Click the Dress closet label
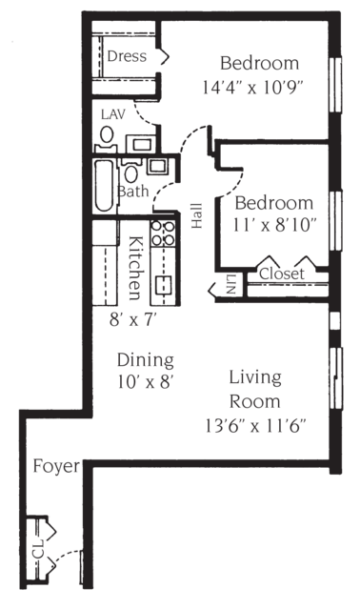tap(126, 57)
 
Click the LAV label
tap(111, 113)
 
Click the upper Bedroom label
tap(259, 65)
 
